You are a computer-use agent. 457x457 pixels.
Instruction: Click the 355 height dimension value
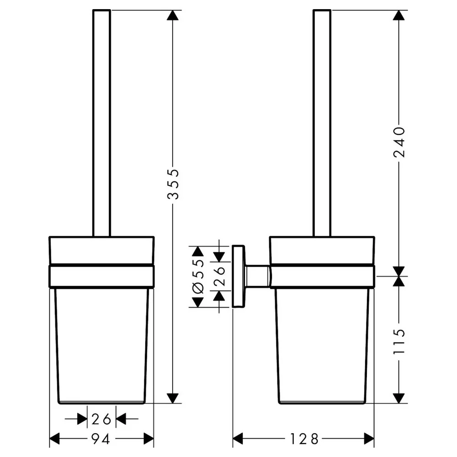(173, 184)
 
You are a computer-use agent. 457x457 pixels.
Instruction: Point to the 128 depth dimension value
(304, 439)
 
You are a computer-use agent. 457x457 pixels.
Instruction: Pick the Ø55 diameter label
(198, 276)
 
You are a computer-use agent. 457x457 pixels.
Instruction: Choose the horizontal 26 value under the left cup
(101, 419)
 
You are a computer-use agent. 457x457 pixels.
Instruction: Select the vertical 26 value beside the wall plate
(219, 276)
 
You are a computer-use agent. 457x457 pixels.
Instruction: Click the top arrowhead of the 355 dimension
(173, 15)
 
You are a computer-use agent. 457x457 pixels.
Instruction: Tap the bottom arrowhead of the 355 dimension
(173, 398)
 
